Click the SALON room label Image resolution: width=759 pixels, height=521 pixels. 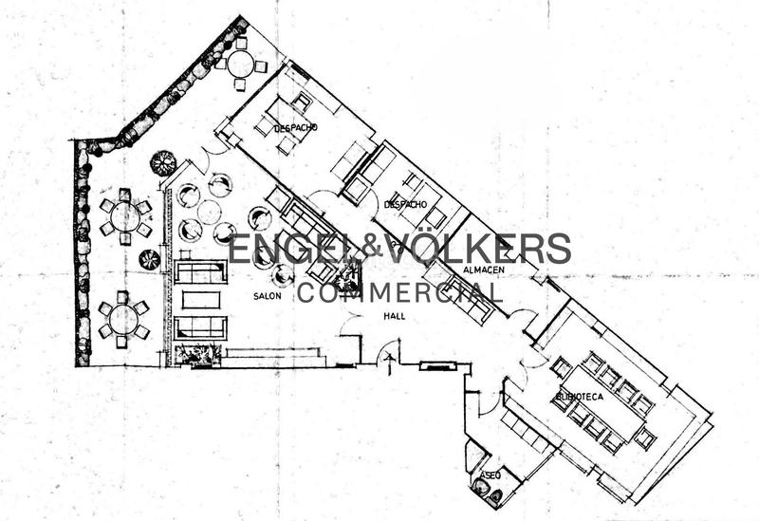pos(267,296)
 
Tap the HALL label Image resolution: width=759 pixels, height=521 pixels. pos(395,316)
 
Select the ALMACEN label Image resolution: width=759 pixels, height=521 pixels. pos(483,270)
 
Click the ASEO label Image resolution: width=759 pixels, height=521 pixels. pos(491,474)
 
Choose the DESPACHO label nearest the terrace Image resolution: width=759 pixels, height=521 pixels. pos(295,127)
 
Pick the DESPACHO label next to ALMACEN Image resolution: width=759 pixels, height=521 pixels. pos(406,204)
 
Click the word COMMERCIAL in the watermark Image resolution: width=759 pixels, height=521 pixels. pos(399,291)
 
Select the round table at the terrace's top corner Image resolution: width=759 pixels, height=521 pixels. pos(240,65)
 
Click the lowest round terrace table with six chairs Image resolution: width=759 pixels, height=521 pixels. pos(123,320)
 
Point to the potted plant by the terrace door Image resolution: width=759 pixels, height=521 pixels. pos(163,162)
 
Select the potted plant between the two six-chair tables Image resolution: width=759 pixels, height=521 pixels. pos(150,259)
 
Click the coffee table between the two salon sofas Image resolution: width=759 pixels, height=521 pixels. pos(200,300)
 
